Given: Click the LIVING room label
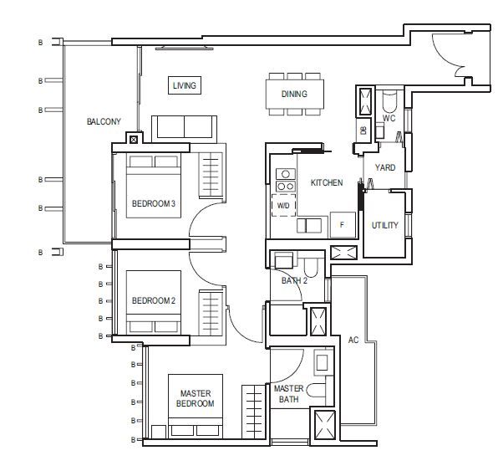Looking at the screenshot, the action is pyautogui.click(x=184, y=85).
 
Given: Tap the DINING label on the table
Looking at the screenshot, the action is pyautogui.click(x=294, y=95).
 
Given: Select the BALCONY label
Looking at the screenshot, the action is pyautogui.click(x=104, y=121).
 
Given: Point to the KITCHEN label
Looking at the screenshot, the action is pyautogui.click(x=327, y=183).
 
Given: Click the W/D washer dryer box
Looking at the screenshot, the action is pyautogui.click(x=283, y=206).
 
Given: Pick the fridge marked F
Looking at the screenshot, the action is pyautogui.click(x=343, y=225).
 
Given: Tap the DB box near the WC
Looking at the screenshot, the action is pyautogui.click(x=364, y=130).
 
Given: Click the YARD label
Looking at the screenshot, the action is pyautogui.click(x=385, y=167).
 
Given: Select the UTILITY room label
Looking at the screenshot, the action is pyautogui.click(x=385, y=226).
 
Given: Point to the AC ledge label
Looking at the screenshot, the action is pyautogui.click(x=353, y=340).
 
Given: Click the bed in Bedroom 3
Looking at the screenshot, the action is pyautogui.click(x=154, y=186).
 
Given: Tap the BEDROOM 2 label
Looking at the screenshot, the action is pyautogui.click(x=154, y=300).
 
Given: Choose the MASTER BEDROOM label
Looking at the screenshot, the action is pyautogui.click(x=196, y=398).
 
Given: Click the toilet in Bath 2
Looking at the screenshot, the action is pyautogui.click(x=311, y=267).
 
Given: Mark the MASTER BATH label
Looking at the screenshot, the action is pyautogui.click(x=289, y=394).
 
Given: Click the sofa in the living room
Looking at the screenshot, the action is pyautogui.click(x=184, y=129).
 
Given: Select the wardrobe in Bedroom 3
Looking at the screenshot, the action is pyautogui.click(x=211, y=175).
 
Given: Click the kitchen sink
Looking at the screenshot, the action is pyautogui.click(x=309, y=226).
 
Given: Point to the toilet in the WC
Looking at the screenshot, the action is pyautogui.click(x=389, y=101).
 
